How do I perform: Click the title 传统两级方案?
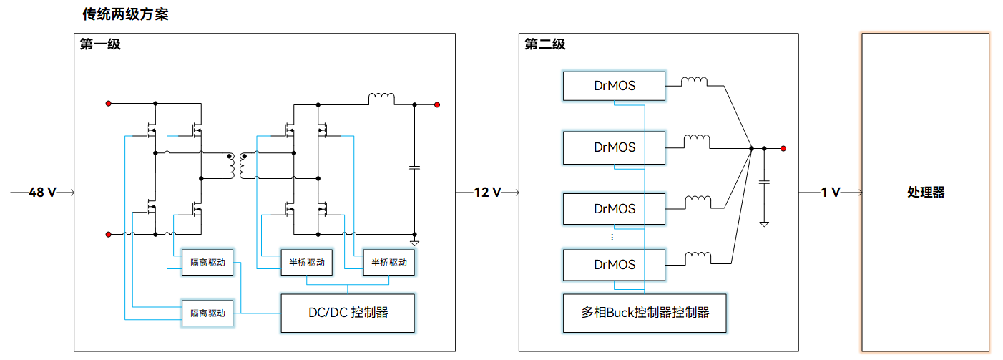pyautogui.click(x=125, y=14)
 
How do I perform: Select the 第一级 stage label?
pyautogui.click(x=100, y=44)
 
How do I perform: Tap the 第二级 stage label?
pyautogui.click(x=545, y=44)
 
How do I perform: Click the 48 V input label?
pyautogui.click(x=42, y=193)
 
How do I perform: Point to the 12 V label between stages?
pyautogui.click(x=487, y=193)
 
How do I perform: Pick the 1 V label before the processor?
pyautogui.click(x=830, y=193)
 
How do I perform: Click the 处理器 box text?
pyautogui.click(x=926, y=193)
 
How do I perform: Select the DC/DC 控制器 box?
pyautogui.click(x=348, y=313)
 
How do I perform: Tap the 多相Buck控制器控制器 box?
pyautogui.click(x=645, y=313)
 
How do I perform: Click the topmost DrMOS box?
pyautogui.click(x=614, y=86)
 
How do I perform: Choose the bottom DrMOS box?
pyautogui.click(x=614, y=264)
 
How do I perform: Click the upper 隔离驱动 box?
pyautogui.click(x=207, y=263)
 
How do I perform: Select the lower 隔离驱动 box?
pyautogui.click(x=207, y=313)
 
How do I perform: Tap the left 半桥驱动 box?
pyautogui.click(x=306, y=263)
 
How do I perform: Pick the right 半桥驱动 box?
pyautogui.click(x=389, y=263)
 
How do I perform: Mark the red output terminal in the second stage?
pyautogui.click(x=783, y=149)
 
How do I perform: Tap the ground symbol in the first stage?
pyautogui.click(x=414, y=243)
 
